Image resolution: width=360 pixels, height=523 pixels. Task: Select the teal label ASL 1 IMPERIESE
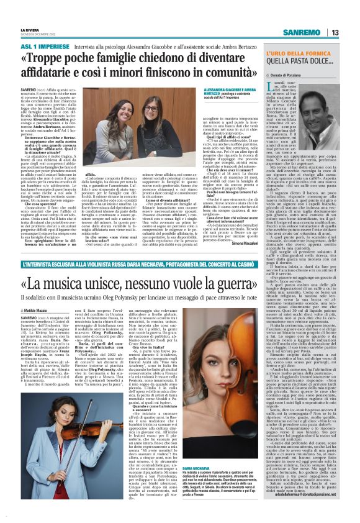click(x=42, y=46)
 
